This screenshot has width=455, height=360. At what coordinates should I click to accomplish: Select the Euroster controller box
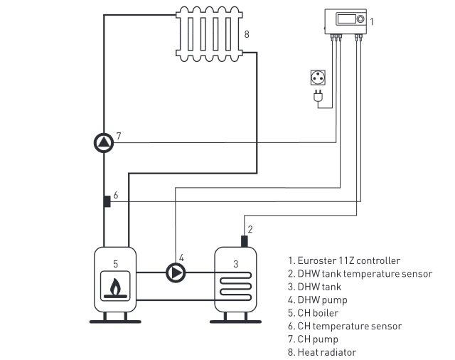coord(346,21)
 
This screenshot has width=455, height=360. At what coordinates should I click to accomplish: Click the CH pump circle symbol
coord(104,143)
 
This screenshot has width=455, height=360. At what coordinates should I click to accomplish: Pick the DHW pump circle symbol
coord(175,272)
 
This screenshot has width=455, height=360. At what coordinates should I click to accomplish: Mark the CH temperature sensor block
coord(106,201)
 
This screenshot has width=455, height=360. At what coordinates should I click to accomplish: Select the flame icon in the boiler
coord(114,287)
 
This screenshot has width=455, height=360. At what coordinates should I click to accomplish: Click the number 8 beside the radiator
coord(247,34)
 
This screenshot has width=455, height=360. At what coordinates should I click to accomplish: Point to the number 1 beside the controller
coord(372,22)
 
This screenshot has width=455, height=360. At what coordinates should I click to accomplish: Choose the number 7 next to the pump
coord(119,135)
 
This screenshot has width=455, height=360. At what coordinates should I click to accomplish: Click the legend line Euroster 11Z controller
coord(344,260)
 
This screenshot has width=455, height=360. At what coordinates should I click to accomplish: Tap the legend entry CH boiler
coord(314,313)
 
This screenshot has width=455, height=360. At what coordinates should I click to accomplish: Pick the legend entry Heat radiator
coord(322,352)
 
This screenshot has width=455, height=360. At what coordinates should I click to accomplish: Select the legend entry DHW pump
coord(318,300)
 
